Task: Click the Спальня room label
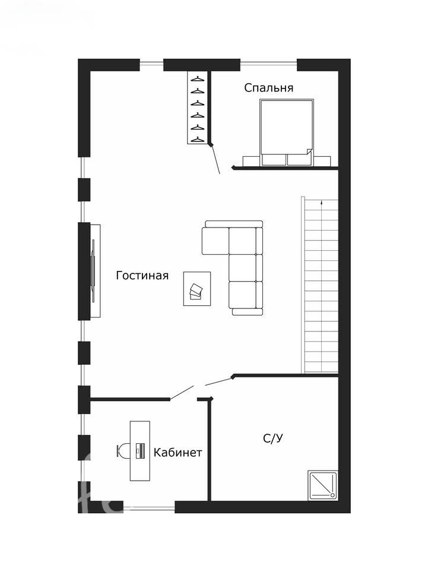tap(268, 88)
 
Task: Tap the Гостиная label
tap(142, 275)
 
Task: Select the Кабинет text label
tap(177, 453)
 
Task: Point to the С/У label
tap(273, 438)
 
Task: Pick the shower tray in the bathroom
tap(322, 485)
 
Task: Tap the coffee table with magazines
tap(197, 289)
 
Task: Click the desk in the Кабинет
tap(140, 451)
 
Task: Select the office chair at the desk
tap(123, 450)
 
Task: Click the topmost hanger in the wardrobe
tap(198, 78)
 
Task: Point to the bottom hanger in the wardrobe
tap(198, 139)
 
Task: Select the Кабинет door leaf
tap(182, 393)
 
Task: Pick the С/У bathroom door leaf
tap(219, 381)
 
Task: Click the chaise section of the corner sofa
tap(215, 241)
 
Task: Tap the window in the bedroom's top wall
tap(268, 64)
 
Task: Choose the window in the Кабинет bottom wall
tap(149, 507)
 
